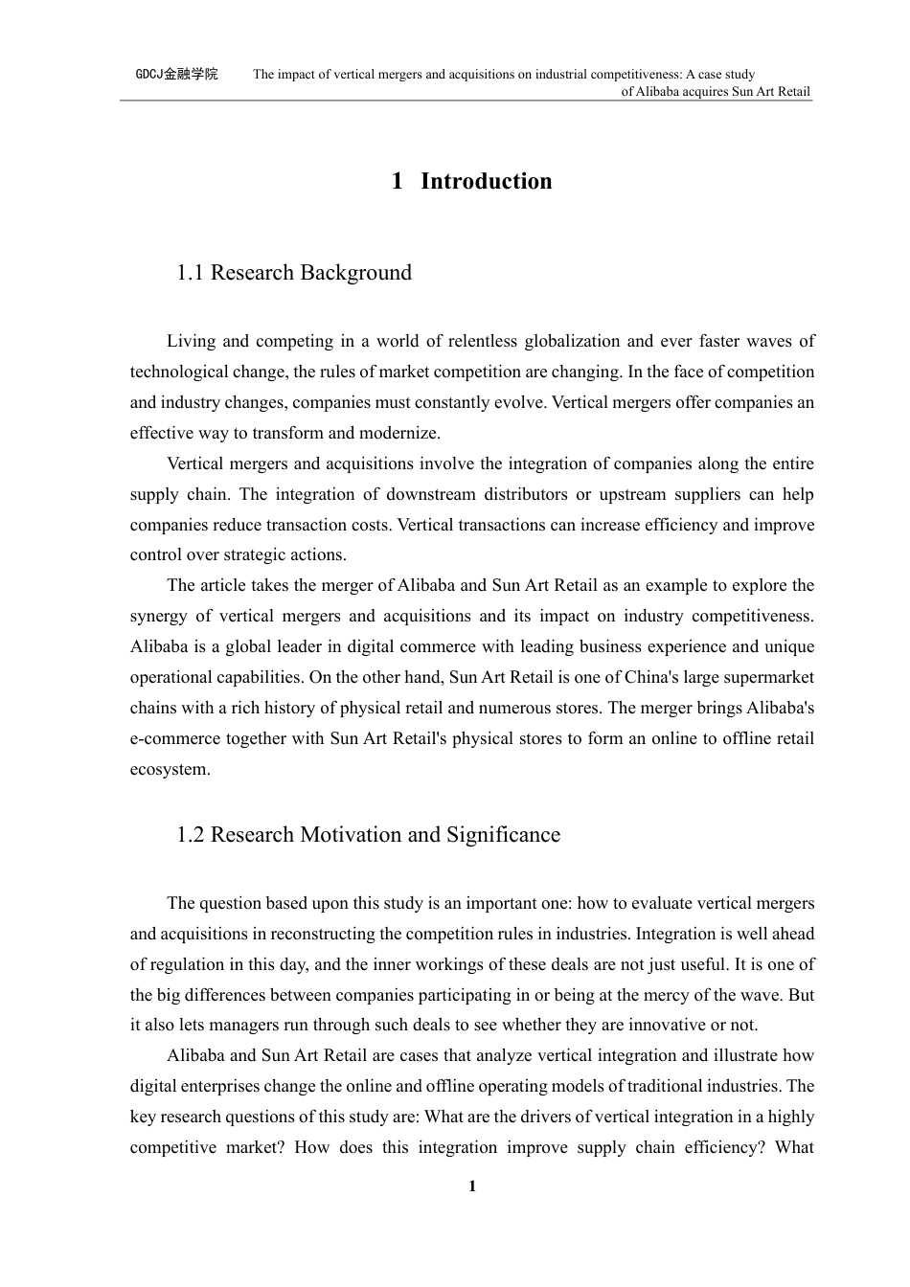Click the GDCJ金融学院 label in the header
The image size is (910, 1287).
pos(176,74)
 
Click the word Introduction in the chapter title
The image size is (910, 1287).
pos(486,181)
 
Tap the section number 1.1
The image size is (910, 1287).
pos(190,273)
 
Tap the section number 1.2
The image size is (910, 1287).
pos(190,835)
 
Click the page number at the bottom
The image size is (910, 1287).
pos(471,1187)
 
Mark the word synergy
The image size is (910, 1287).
pos(158,617)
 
